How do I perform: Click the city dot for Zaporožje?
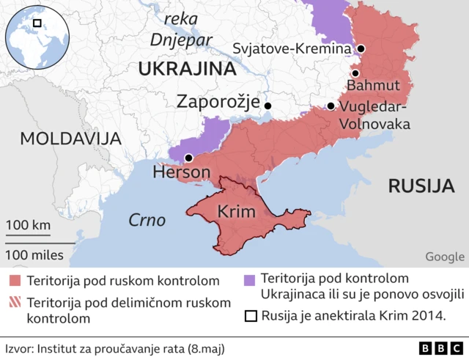coord(267,106)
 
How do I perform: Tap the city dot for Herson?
coord(188,158)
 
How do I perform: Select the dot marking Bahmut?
coord(355,73)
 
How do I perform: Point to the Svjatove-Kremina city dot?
coord(361,49)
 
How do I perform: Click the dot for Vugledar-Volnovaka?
coord(330,106)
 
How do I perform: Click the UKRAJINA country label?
coord(186,70)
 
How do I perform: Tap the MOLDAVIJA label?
coord(70,139)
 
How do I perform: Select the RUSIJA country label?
coord(421,185)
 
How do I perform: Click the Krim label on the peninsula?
coord(237,213)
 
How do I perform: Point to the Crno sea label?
coord(147,220)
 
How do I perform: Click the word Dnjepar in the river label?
coord(180,40)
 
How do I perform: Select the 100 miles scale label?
coord(35,256)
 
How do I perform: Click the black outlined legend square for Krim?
coord(249,317)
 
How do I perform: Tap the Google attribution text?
coord(444,256)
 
